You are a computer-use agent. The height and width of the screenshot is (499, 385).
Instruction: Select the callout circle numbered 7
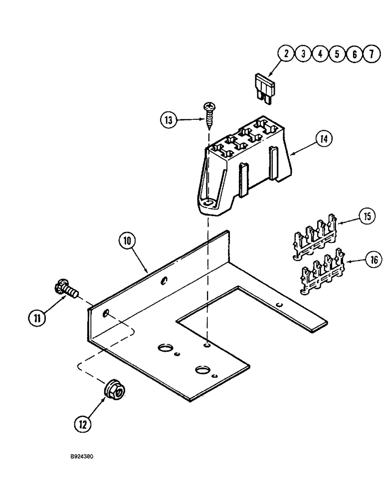pyautogui.click(x=370, y=54)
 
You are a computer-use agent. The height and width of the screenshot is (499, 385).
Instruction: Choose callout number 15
pyautogui.click(x=368, y=218)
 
